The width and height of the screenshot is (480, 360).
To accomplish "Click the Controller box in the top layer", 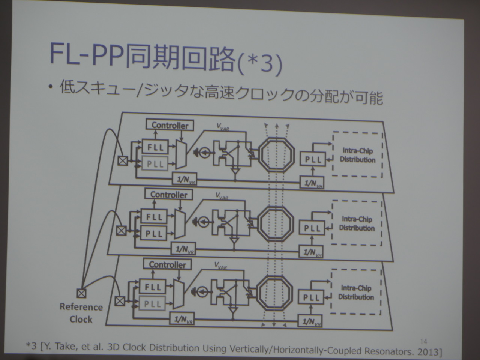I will tap(170, 125).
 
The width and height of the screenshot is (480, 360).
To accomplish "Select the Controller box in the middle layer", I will tap(169, 195).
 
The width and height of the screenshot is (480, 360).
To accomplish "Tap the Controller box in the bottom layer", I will tap(167, 264).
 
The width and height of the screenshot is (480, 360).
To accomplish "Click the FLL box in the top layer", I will tap(155, 147).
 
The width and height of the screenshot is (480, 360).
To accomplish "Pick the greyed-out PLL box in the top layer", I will tap(155, 164).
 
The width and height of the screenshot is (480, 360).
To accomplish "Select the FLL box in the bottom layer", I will tap(153, 287).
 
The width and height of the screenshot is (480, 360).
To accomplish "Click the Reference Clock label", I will tap(81, 313).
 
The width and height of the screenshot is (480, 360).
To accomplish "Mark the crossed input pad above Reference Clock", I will tap(81, 292).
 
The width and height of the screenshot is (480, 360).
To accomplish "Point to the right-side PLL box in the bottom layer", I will tap(311, 298).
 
